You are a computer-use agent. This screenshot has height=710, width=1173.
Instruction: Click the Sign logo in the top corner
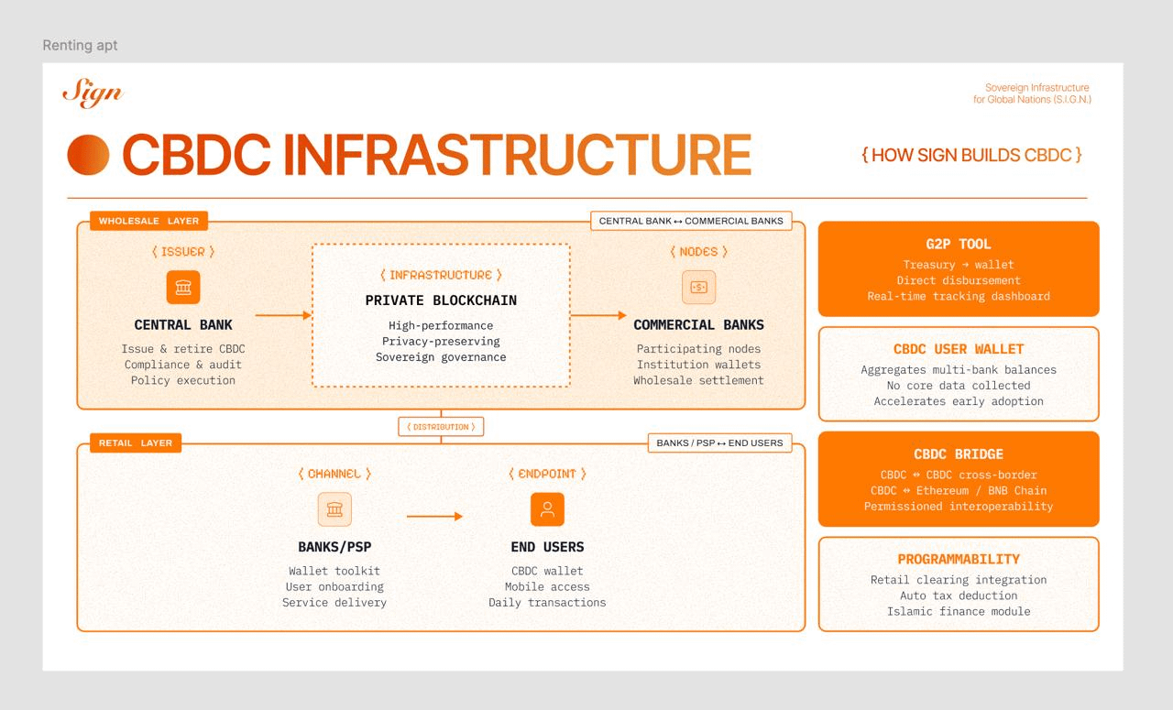click(x=92, y=93)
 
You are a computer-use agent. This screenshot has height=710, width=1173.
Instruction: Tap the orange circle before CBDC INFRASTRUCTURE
click(x=88, y=155)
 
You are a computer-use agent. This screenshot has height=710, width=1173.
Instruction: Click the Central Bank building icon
click(x=183, y=288)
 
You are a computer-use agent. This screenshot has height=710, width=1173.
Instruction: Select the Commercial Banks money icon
click(x=698, y=288)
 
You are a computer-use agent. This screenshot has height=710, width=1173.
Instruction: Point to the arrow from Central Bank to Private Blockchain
click(x=283, y=315)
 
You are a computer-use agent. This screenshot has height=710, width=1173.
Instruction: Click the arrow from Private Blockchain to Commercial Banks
click(x=598, y=315)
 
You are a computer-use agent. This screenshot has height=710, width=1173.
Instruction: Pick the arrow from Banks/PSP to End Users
click(x=434, y=517)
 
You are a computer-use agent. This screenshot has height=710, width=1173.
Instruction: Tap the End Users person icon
click(x=547, y=509)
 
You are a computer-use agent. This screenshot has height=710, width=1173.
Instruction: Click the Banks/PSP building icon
click(x=334, y=509)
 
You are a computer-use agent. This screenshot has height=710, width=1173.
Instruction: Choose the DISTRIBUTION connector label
click(x=441, y=427)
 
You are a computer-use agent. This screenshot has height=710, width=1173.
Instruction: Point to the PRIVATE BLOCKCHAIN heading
click(x=441, y=300)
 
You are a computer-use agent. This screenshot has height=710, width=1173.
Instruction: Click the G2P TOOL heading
click(x=959, y=244)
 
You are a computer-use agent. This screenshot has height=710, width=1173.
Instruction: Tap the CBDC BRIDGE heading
click(x=959, y=454)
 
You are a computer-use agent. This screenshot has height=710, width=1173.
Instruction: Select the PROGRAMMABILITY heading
click(x=959, y=559)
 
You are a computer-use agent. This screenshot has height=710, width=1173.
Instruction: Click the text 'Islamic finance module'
click(x=959, y=611)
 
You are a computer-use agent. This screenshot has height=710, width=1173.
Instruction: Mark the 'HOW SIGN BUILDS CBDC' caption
click(x=971, y=155)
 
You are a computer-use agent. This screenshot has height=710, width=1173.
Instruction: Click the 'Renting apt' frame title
click(x=80, y=45)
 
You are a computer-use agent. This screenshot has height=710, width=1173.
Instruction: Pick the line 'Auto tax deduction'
click(x=959, y=595)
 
